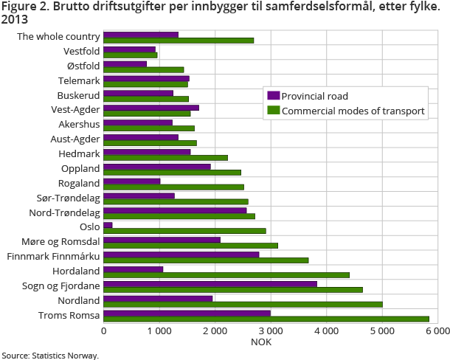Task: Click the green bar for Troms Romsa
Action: pos(266,319)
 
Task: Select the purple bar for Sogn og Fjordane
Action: pos(210,283)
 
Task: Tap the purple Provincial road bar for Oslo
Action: pos(108,224)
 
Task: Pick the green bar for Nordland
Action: pos(243,304)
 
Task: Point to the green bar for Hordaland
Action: pos(226,274)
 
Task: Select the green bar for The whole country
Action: pos(179,40)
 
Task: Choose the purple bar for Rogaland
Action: pos(132,180)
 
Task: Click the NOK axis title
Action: pos(261,342)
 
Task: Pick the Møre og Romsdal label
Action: pos(62,242)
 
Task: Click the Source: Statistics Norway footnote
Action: pos(49,355)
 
